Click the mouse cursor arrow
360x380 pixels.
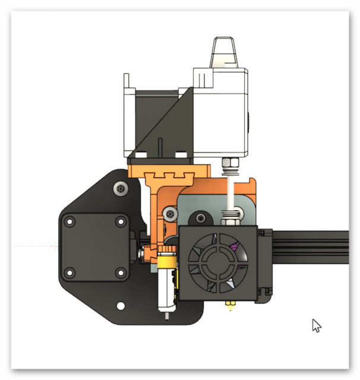317,325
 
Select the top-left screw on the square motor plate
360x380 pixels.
70,222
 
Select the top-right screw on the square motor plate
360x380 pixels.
121,221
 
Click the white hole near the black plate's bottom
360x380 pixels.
121,306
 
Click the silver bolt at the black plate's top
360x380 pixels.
121,188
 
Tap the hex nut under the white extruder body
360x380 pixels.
229,162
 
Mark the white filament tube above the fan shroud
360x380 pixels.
228,190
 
